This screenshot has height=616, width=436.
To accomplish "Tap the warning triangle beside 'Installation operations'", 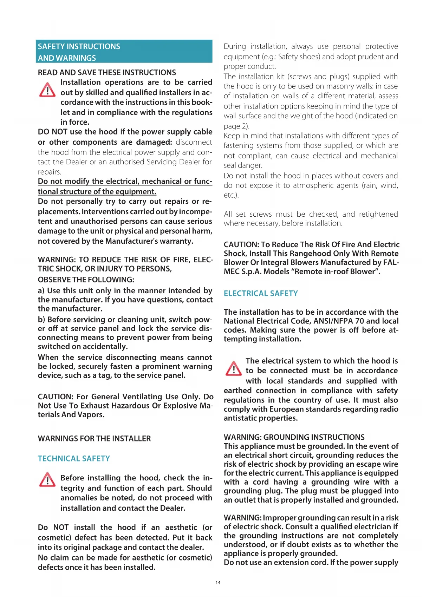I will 47,90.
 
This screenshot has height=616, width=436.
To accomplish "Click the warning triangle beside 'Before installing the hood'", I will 47,480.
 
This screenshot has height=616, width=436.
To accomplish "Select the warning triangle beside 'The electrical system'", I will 233,368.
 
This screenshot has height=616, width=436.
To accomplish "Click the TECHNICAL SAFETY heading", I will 74,459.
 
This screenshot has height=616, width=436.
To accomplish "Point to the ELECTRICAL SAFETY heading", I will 261,294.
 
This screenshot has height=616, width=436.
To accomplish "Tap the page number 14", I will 218,583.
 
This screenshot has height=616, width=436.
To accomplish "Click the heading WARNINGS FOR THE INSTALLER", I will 94,439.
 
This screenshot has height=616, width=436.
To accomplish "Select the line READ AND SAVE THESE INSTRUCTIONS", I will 107,73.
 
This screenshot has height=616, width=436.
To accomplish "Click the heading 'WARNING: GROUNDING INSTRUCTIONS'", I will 294,437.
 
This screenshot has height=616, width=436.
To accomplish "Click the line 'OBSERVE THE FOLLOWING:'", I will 86,280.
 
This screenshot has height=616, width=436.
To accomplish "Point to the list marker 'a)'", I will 41,291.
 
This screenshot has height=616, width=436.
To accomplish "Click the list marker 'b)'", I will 41,320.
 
